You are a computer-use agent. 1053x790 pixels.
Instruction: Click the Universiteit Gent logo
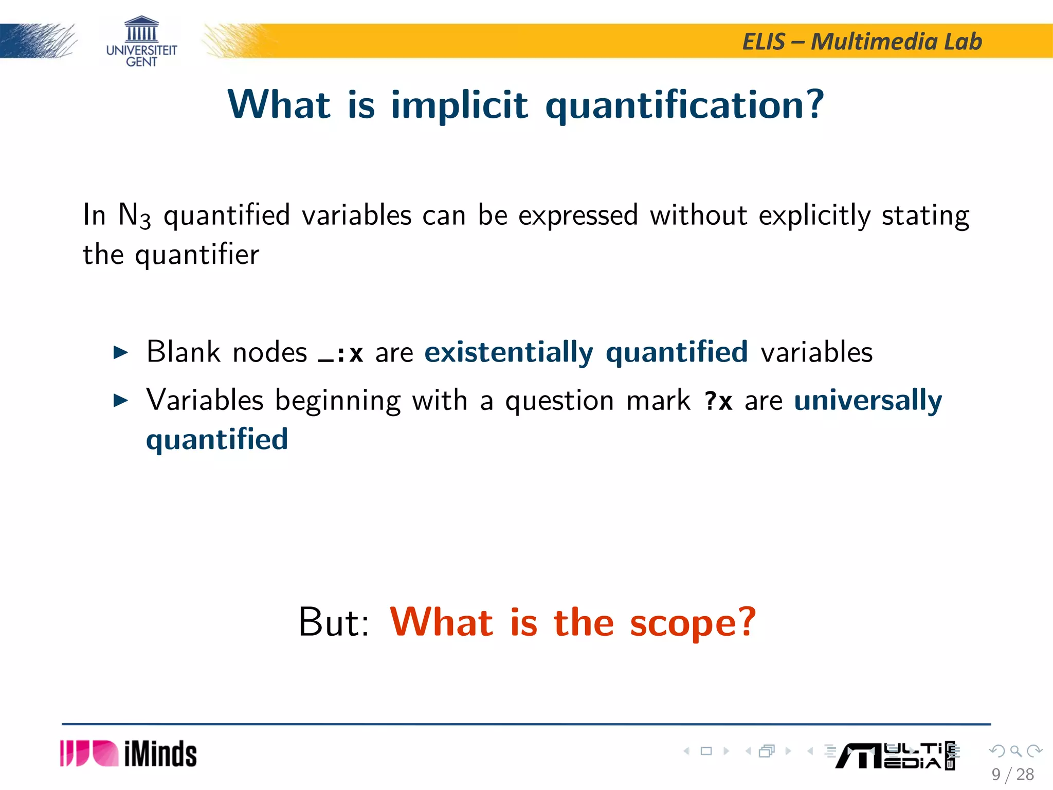click(x=141, y=42)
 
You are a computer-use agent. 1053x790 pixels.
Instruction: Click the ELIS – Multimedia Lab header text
click(x=862, y=42)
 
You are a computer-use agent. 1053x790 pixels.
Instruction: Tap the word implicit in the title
click(x=459, y=105)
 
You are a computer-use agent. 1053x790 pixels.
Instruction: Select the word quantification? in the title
click(x=684, y=105)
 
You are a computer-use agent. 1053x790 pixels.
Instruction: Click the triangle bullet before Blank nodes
click(x=120, y=353)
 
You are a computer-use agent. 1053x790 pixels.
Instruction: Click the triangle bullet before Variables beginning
click(x=120, y=401)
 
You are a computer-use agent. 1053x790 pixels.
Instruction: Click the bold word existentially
click(x=509, y=353)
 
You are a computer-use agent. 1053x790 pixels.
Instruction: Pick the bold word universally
click(x=868, y=401)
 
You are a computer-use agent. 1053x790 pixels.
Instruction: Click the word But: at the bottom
click(x=334, y=623)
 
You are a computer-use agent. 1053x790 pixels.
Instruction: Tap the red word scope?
click(x=693, y=623)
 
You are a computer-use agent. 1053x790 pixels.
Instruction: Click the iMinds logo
click(x=129, y=754)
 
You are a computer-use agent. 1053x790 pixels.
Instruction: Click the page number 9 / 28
click(x=1012, y=774)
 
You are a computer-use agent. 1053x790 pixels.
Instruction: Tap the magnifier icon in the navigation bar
click(x=1015, y=751)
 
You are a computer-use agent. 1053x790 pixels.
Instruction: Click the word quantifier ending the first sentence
click(x=197, y=255)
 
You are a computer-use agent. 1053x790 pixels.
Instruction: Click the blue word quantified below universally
click(x=217, y=440)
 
